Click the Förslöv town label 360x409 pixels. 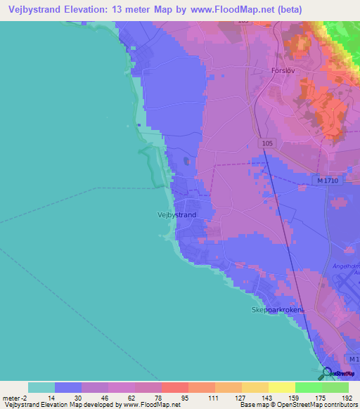click(305, 70)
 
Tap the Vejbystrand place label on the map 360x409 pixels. click(176, 215)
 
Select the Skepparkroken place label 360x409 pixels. click(276, 310)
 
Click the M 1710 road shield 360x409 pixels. click(328, 181)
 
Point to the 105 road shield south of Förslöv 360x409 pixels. click(266, 143)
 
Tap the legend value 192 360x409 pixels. click(346, 397)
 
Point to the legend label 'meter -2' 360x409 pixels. click(15, 397)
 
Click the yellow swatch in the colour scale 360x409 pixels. click(282, 387)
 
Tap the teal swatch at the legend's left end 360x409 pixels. click(41, 387)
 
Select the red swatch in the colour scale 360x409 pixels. click(175, 387)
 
